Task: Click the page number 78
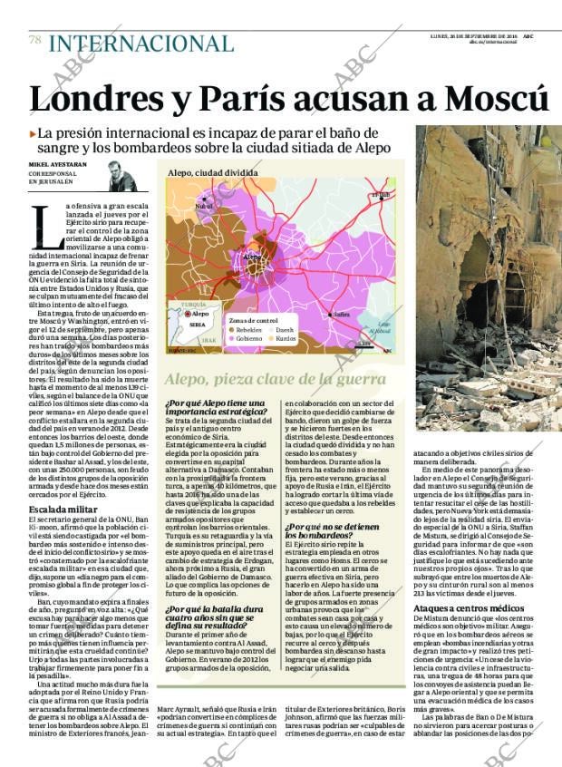[34, 40]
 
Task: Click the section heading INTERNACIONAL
[140, 43]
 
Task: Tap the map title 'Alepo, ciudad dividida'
[207, 172]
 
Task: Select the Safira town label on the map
[341, 314]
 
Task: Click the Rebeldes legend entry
[246, 331]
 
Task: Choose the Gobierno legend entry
[246, 339]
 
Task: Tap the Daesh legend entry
[285, 331]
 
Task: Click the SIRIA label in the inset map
[197, 325]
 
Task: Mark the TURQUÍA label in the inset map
[193, 305]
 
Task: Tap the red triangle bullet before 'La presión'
[33, 133]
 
